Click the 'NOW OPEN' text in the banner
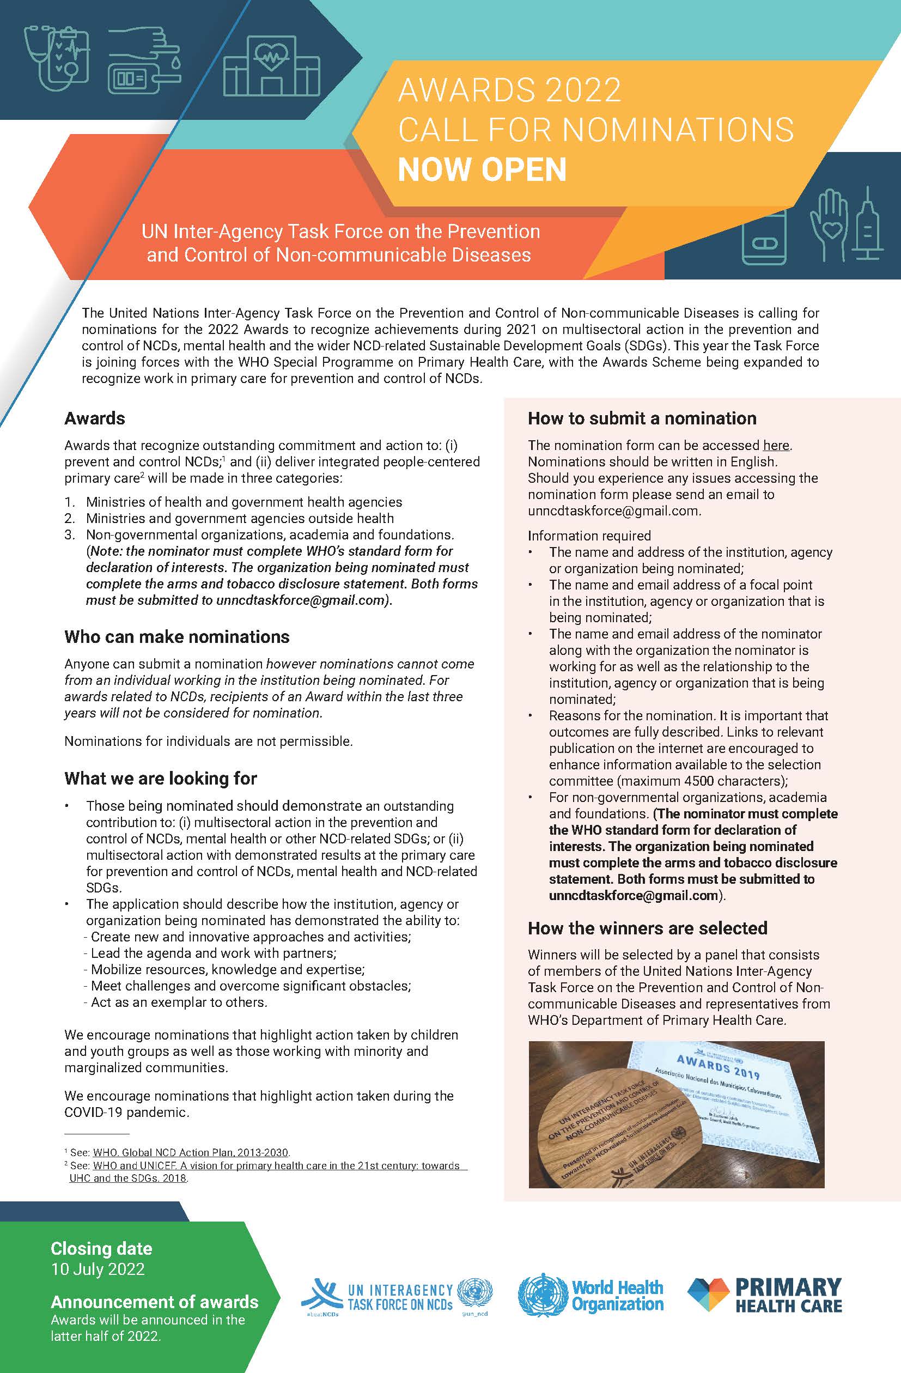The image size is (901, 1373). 482,169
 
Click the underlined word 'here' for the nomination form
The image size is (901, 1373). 776,445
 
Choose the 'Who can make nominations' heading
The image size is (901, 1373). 177,637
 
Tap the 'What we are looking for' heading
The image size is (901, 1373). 160,778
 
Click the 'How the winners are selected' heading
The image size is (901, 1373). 647,928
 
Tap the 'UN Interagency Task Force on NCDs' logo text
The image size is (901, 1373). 400,1296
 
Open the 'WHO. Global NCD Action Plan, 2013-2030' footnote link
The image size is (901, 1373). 190,1153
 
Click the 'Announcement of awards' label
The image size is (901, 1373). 155,1302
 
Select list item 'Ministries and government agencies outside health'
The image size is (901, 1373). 240,519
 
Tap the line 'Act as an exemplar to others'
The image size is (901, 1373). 179,1002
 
